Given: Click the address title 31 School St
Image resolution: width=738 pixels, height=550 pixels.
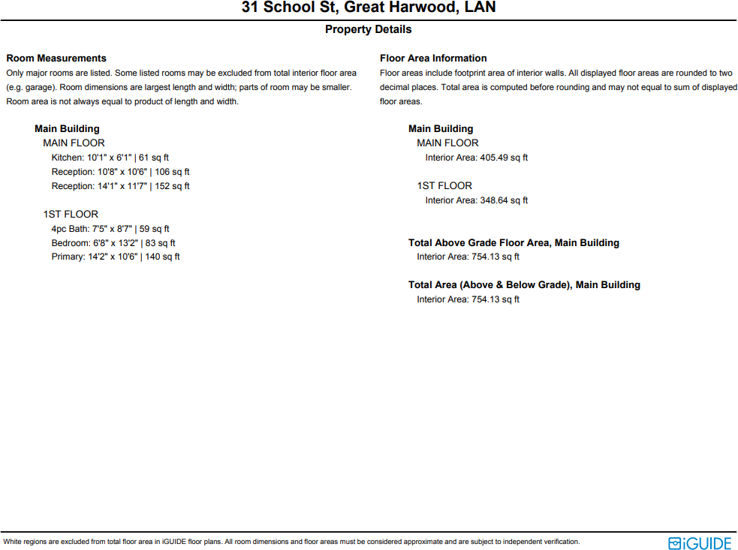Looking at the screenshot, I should point(369,8).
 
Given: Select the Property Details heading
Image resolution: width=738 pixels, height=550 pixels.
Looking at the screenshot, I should point(368,30).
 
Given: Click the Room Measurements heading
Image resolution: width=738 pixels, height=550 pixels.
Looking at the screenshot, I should point(56,59).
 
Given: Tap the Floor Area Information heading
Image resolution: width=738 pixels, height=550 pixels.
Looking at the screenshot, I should point(433,59).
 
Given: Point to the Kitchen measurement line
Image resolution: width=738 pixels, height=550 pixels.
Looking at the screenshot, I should point(110,158).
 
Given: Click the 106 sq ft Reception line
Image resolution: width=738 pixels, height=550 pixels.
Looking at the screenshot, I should point(120,172).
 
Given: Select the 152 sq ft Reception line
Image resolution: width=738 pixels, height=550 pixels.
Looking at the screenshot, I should point(120,186).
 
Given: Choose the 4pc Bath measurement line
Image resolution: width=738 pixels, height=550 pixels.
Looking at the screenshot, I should point(110,229).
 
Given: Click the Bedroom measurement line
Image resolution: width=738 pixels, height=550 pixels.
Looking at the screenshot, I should point(113,243).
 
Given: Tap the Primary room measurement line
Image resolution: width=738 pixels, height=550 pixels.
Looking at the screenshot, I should point(116,257).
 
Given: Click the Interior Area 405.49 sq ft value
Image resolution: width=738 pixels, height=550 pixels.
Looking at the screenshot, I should point(476,158).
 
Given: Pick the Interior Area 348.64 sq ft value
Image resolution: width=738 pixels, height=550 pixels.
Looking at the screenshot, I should point(476,200).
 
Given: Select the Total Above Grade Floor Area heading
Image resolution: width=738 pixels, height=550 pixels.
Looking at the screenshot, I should point(514,243).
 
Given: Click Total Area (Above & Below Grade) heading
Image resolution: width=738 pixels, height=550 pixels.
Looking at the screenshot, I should point(524,285).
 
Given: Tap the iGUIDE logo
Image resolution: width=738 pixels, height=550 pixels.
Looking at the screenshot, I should point(699,542).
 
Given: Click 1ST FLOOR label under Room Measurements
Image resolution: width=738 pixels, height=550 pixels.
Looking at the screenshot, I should point(71,215).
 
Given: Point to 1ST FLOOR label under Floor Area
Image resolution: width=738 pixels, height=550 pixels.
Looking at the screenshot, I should point(444,186).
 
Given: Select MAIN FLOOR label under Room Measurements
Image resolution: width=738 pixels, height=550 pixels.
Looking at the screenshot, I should point(74,143).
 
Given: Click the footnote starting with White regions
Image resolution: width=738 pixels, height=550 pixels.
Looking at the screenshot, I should point(291,542).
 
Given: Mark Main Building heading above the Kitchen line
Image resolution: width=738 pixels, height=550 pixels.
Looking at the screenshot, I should point(67,129).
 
